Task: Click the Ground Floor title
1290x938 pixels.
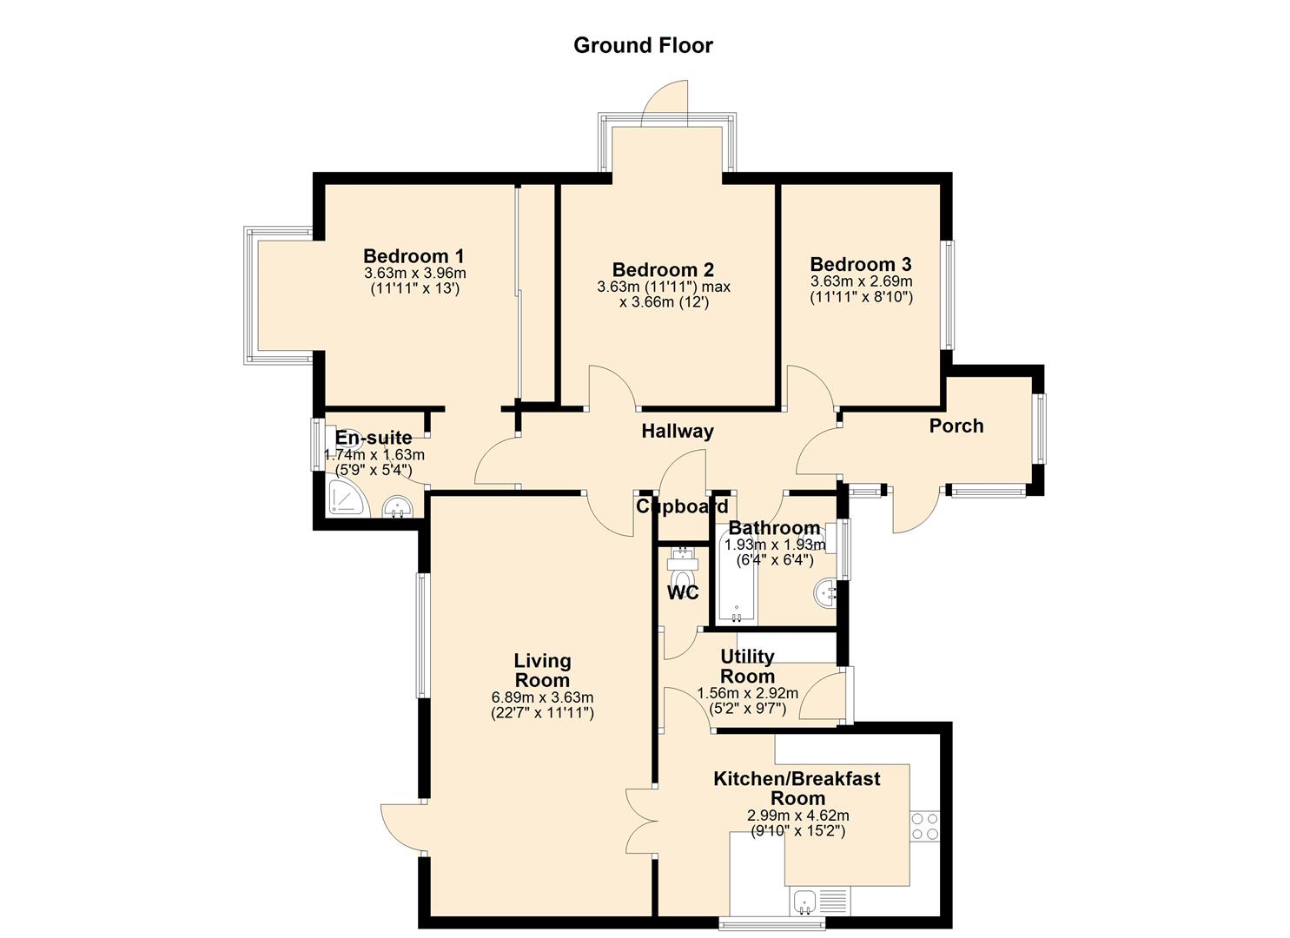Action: tap(643, 45)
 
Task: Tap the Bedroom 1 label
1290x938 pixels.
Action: tap(413, 255)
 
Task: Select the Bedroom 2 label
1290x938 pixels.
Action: tap(664, 269)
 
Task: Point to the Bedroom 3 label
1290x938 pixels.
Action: tap(861, 264)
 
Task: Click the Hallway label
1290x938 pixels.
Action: tap(678, 431)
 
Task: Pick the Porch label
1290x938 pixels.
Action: tap(956, 426)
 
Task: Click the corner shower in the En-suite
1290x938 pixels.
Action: tap(347, 497)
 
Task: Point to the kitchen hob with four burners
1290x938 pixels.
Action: tap(925, 826)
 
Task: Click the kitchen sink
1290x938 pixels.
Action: tap(804, 902)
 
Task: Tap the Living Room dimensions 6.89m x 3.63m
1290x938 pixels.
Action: tap(542, 697)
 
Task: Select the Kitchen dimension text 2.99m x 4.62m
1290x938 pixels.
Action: tap(797, 816)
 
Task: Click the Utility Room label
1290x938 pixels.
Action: tap(748, 666)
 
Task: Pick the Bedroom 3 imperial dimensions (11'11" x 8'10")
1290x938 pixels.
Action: tap(861, 297)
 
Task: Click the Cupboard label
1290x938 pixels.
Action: tap(682, 506)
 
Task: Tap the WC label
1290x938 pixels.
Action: tap(683, 592)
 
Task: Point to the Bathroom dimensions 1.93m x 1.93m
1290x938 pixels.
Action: tap(775, 545)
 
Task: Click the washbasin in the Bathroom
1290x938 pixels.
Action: tap(825, 593)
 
